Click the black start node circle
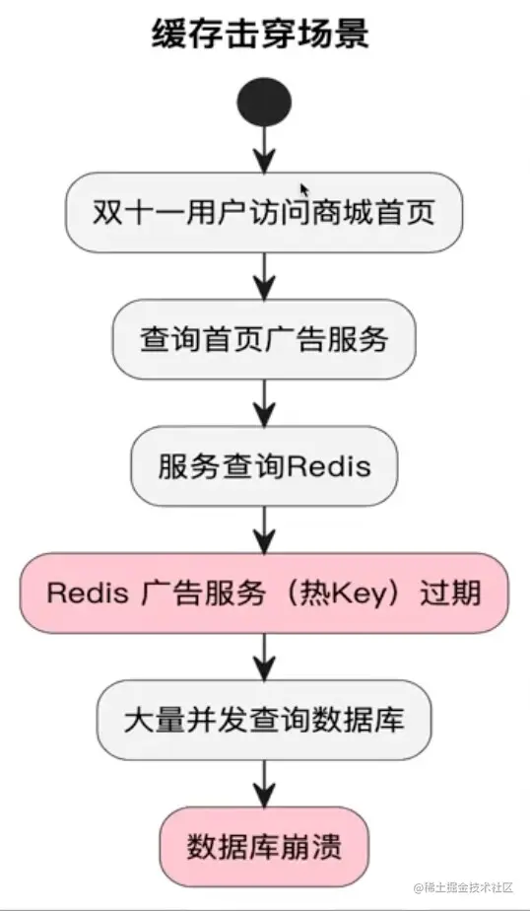click(264, 102)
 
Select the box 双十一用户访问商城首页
click(263, 213)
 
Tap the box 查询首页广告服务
click(263, 339)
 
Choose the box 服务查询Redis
click(264, 465)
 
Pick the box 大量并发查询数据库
click(263, 719)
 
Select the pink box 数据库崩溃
click(263, 845)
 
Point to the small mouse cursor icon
click(304, 188)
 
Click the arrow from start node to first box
click(264, 150)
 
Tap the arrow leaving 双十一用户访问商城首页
click(264, 276)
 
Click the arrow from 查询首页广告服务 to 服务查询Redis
click(264, 402)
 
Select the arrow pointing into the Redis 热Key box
click(264, 528)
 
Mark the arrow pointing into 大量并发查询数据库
click(264, 656)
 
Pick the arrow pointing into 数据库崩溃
click(264, 782)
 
